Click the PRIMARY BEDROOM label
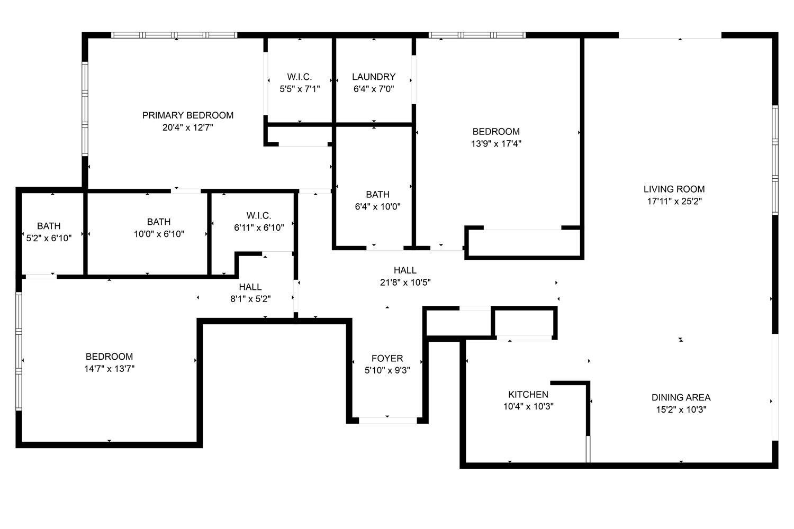[x=188, y=115]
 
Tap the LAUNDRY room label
[x=374, y=77]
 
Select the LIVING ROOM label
[x=674, y=189]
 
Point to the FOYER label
[x=387, y=358]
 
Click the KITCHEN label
[x=528, y=394]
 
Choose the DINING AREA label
[x=681, y=398]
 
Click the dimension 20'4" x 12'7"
[x=188, y=127]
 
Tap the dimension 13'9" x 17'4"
[x=496, y=143]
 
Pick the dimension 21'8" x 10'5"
[x=405, y=282]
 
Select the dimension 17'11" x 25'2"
[x=674, y=201]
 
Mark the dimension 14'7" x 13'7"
[x=109, y=369]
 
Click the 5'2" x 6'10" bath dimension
[x=49, y=238]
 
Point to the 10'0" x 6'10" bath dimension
[x=159, y=234]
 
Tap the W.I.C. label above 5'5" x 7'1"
[x=300, y=77]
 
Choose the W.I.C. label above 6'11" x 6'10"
[x=259, y=215]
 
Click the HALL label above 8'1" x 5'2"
[x=250, y=287]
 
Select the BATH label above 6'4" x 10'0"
[x=377, y=195]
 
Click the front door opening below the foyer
[x=388, y=421]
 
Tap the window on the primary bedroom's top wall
[x=174, y=35]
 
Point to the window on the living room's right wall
[x=775, y=160]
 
